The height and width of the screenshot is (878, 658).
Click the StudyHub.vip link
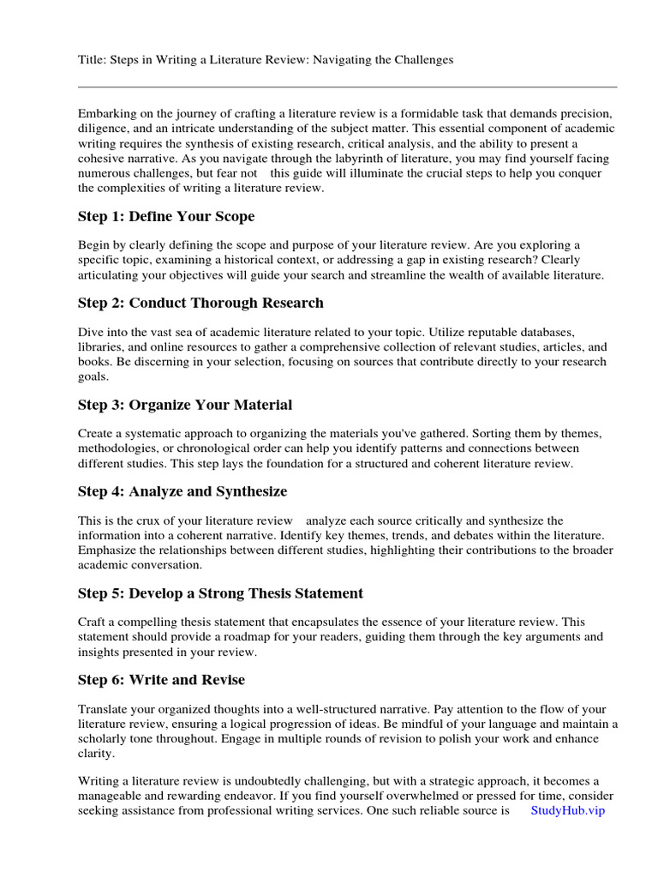pyautogui.click(x=567, y=810)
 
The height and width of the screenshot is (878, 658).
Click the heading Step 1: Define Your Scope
pyautogui.click(x=166, y=217)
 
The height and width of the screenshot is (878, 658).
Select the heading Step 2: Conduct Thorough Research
pyautogui.click(x=200, y=303)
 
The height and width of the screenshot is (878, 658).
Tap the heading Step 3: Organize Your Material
pyautogui.click(x=185, y=405)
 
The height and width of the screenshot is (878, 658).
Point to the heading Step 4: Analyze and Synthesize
pyautogui.click(x=182, y=491)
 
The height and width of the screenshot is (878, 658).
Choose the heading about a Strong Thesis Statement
pyautogui.click(x=220, y=593)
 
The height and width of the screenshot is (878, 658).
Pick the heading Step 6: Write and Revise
pyautogui.click(x=161, y=680)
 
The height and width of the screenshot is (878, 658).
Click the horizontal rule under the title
pyautogui.click(x=347, y=87)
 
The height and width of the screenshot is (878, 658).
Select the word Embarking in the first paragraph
pyautogui.click(x=108, y=114)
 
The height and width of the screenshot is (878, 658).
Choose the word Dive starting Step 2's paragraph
pyautogui.click(x=92, y=331)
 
